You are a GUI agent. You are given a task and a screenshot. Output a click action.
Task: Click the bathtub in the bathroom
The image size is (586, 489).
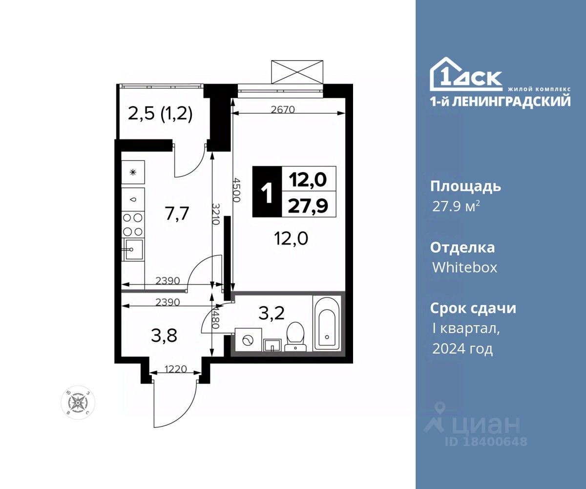(326, 323)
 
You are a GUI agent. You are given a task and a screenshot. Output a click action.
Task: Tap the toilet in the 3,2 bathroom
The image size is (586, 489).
(294, 336)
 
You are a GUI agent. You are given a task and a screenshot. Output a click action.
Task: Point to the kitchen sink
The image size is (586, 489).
(133, 249)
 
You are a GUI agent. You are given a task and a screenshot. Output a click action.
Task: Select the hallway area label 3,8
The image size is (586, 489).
(164, 335)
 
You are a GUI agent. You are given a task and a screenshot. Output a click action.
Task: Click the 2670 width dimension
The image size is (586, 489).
(283, 110)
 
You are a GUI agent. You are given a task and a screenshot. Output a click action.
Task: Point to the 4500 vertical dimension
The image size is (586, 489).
(236, 190)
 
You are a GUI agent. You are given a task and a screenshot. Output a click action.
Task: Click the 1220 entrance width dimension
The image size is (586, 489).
(176, 369)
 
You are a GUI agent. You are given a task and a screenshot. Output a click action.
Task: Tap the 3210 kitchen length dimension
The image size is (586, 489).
(215, 214)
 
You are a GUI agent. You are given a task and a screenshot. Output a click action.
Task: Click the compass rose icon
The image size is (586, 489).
(78, 402)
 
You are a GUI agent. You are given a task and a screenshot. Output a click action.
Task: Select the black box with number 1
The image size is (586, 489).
(267, 191)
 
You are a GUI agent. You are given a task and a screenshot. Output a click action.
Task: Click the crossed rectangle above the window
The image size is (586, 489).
(297, 72)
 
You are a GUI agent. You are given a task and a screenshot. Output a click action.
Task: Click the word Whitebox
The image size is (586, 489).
(464, 267)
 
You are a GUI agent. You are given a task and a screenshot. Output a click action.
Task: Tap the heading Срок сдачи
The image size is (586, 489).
(473, 309)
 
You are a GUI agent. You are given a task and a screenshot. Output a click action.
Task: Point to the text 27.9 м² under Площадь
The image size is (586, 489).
(456, 206)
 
